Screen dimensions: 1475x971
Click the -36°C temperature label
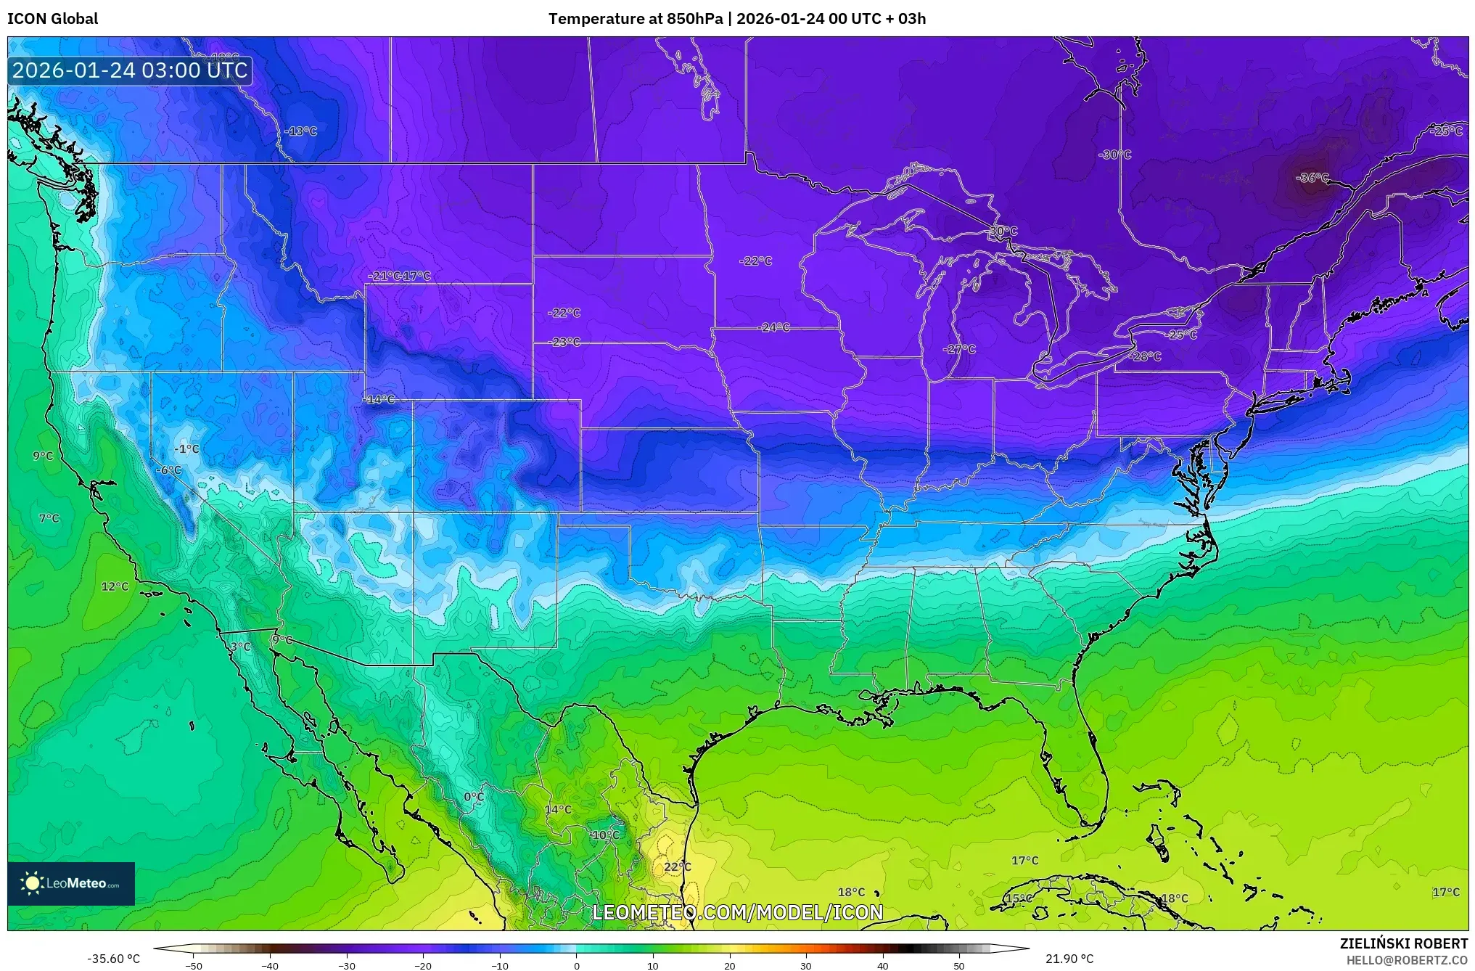click(1312, 178)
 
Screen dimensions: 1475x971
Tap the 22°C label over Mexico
click(677, 866)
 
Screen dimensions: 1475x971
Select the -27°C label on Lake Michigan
click(958, 349)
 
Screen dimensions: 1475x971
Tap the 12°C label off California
click(115, 586)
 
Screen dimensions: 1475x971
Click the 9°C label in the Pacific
click(43, 456)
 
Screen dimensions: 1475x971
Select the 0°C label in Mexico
click(473, 797)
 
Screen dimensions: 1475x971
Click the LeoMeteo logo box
click(71, 883)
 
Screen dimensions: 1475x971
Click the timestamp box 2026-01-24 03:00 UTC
click(130, 70)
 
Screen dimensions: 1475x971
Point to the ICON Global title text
click(52, 19)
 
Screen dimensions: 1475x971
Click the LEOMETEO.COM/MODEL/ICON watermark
click(737, 912)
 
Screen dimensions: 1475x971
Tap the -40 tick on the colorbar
click(270, 965)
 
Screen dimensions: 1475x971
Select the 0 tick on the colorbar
click(576, 965)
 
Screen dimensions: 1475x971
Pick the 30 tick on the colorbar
click(806, 965)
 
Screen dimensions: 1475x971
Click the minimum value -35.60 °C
click(114, 959)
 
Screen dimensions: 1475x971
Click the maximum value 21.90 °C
click(1069, 959)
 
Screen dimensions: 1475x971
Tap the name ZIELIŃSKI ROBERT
click(1403, 943)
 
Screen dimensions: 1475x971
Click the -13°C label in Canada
click(300, 131)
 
